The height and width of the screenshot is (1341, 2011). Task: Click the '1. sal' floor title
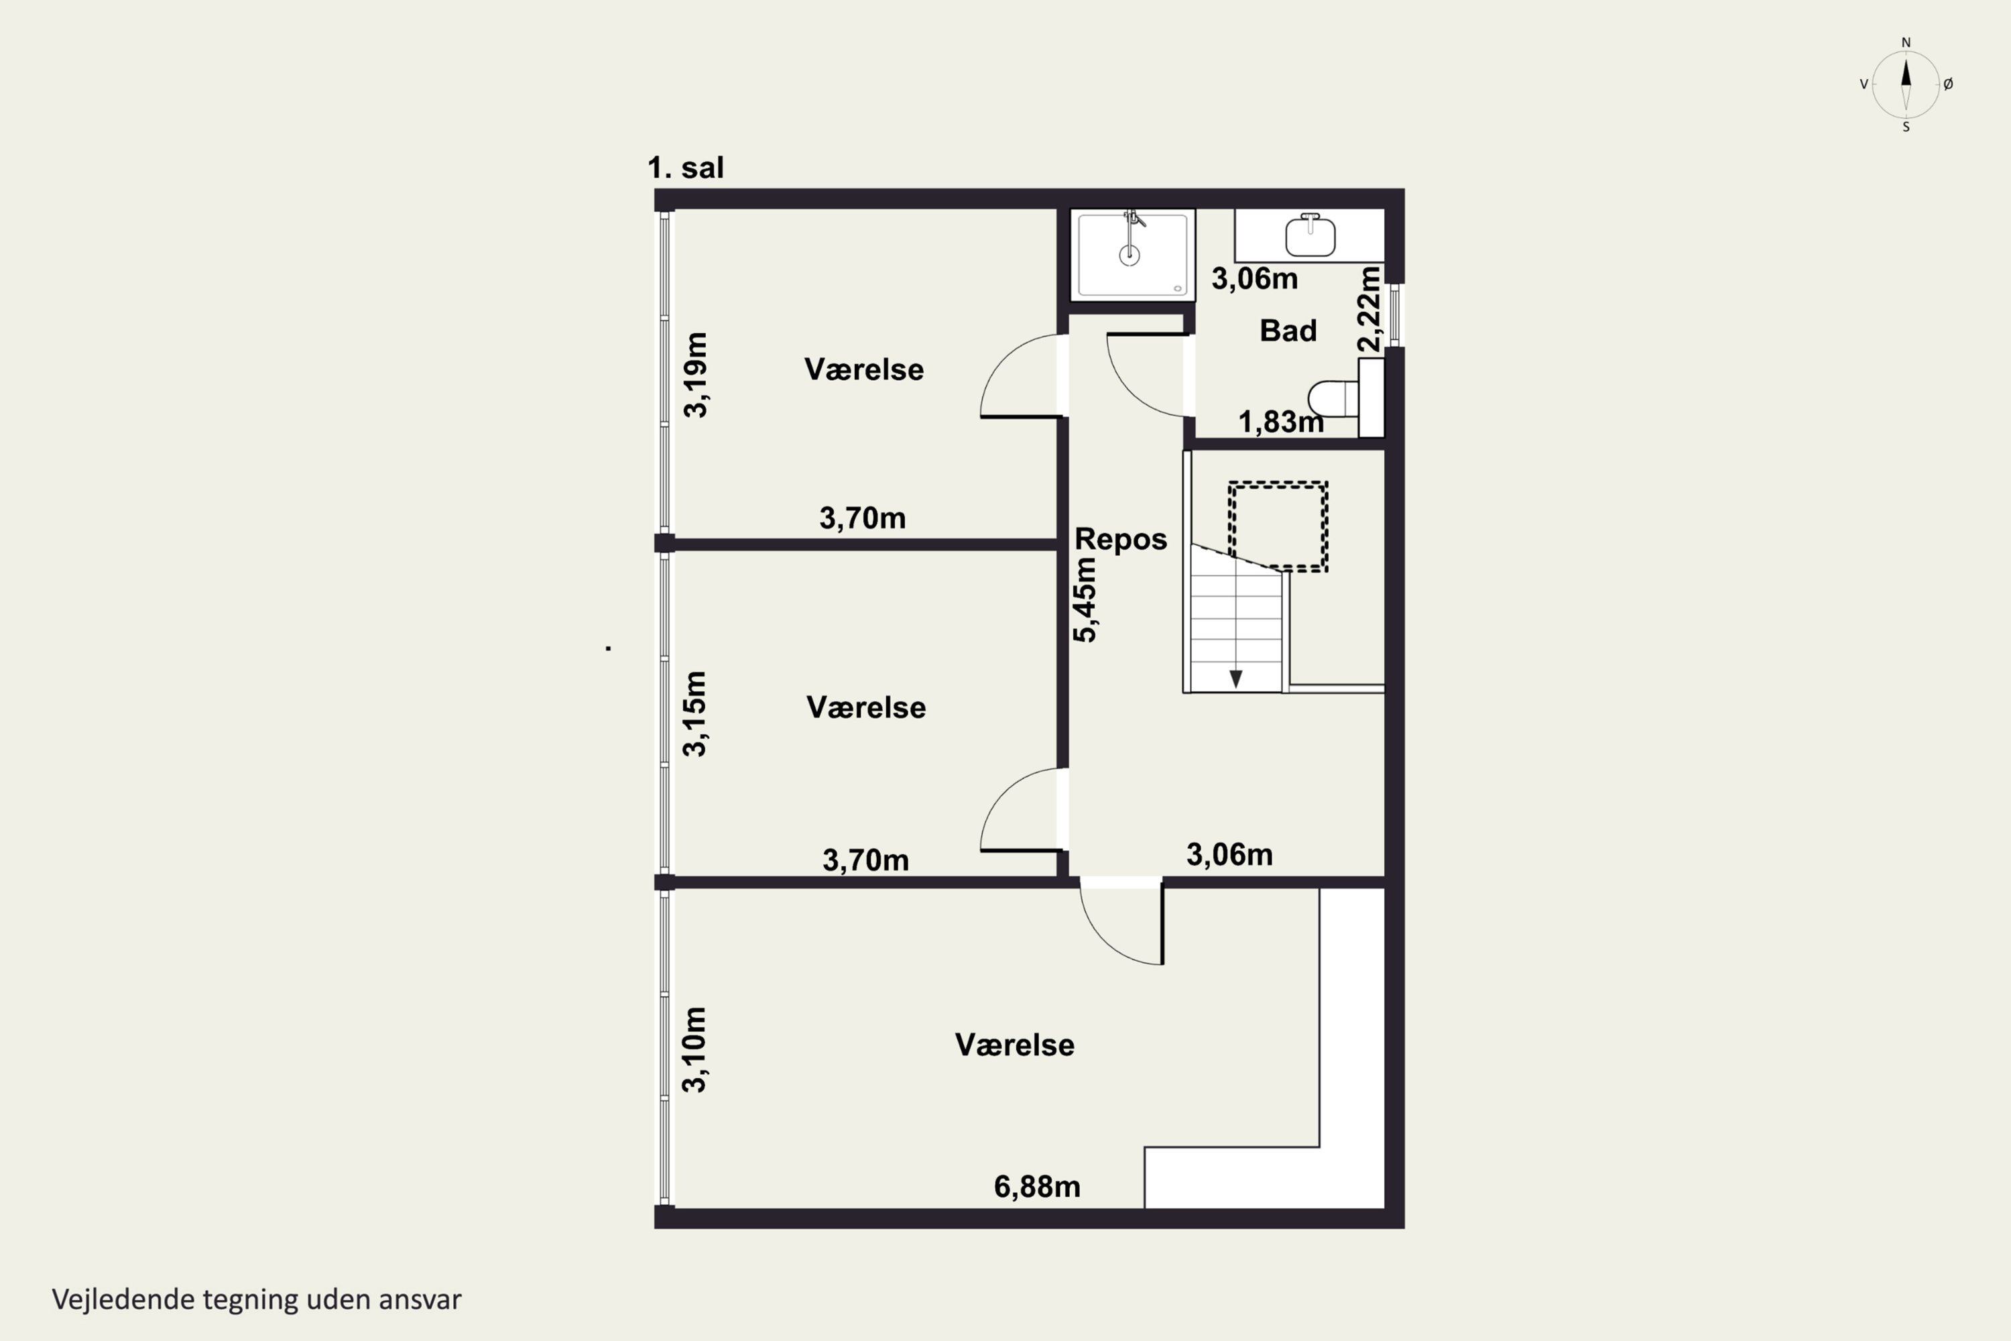[686, 168]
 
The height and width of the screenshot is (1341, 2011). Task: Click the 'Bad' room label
[1288, 331]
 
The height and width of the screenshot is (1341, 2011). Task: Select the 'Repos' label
[1120, 539]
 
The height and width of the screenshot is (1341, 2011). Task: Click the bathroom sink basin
[1310, 236]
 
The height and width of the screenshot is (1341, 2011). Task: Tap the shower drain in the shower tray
[1130, 254]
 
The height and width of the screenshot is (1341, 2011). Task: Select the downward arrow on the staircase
[1235, 678]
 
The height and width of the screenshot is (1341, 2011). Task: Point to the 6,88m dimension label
[1036, 1187]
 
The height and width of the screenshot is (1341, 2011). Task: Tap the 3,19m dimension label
[695, 375]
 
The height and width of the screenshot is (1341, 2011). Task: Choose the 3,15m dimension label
[694, 714]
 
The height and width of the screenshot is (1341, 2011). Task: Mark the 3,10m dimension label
[694, 1049]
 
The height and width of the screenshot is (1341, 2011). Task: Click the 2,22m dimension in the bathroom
[1369, 308]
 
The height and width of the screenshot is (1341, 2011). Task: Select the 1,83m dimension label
[1281, 422]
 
